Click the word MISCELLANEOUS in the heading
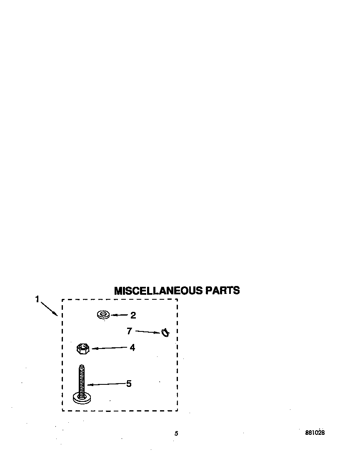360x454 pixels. click(158, 291)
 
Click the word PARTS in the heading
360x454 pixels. click(222, 291)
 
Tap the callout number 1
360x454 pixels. click(37, 299)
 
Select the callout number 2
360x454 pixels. click(133, 315)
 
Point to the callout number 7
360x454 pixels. click(129, 331)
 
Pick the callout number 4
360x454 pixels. click(132, 347)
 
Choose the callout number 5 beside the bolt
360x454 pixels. click(129, 384)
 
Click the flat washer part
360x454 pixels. click(103, 315)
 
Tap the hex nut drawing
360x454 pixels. click(83, 349)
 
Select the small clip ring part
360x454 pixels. click(165, 333)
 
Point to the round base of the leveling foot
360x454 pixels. click(82, 399)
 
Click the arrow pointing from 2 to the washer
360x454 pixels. click(119, 315)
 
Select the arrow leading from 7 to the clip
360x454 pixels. click(147, 332)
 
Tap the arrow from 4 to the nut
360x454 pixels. click(110, 348)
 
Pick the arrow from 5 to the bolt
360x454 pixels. click(106, 384)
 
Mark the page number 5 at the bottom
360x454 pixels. click(176, 434)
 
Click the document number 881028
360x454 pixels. click(315, 433)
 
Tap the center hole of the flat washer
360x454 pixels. click(103, 314)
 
